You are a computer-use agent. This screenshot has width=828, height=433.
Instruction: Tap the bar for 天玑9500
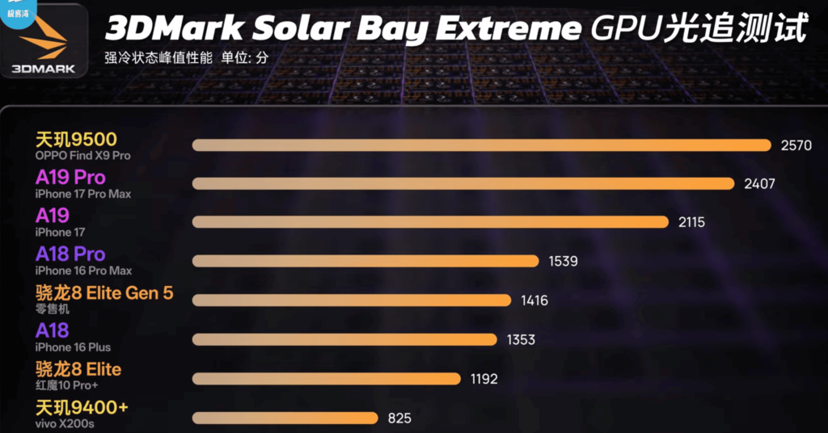pyautogui.click(x=481, y=145)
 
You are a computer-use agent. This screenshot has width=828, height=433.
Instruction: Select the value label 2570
pyautogui.click(x=796, y=145)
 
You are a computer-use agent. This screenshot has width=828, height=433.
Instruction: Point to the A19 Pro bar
pyautogui.click(x=463, y=184)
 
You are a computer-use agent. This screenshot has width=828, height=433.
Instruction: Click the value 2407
pyautogui.click(x=759, y=184)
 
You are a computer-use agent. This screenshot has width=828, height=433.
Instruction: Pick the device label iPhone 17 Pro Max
pyautogui.click(x=83, y=194)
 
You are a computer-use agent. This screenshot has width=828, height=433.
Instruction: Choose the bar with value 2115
pyautogui.click(x=430, y=222)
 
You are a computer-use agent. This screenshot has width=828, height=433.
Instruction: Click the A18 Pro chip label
pyautogui.click(x=71, y=254)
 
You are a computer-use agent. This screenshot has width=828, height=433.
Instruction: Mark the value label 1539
pyautogui.click(x=563, y=261)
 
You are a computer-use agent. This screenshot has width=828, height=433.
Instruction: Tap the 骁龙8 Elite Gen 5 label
pyautogui.click(x=104, y=292)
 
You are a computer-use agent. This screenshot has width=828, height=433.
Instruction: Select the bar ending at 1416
pyautogui.click(x=352, y=301)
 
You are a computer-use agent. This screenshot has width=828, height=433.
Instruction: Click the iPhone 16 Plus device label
pyautogui.click(x=74, y=347)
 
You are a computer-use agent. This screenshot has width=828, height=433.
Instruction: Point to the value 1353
pyautogui.click(x=521, y=340)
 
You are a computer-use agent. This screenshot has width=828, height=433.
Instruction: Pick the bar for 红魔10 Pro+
pyautogui.click(x=327, y=379)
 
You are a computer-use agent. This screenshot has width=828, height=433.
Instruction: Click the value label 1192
pyautogui.click(x=484, y=379)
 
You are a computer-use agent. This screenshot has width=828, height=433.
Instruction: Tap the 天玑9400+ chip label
pyautogui.click(x=82, y=407)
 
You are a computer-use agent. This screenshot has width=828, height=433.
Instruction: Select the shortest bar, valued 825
pyautogui.click(x=285, y=418)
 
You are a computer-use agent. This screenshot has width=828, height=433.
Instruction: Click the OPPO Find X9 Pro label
pyautogui.click(x=82, y=155)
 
